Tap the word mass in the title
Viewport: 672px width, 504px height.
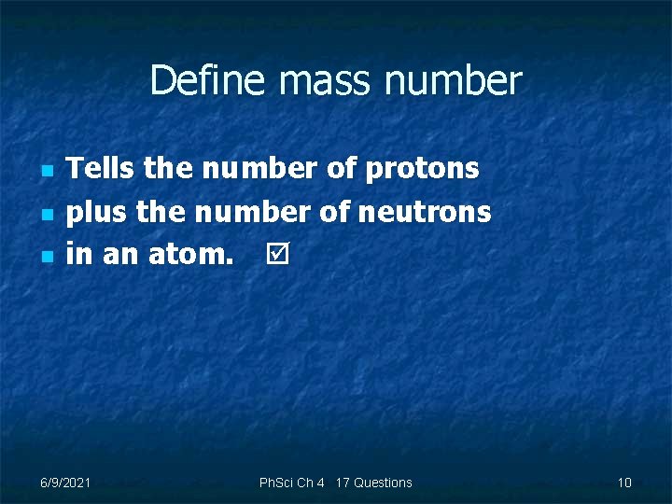click(313, 81)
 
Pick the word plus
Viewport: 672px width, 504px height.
click(97, 213)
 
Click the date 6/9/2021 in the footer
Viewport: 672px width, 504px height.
click(65, 483)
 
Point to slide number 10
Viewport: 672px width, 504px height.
click(624, 483)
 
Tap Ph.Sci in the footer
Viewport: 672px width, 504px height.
click(276, 483)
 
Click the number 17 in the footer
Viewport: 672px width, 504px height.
click(342, 483)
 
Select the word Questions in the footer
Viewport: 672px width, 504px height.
click(383, 483)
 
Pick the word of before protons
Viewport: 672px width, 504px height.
click(342, 169)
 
